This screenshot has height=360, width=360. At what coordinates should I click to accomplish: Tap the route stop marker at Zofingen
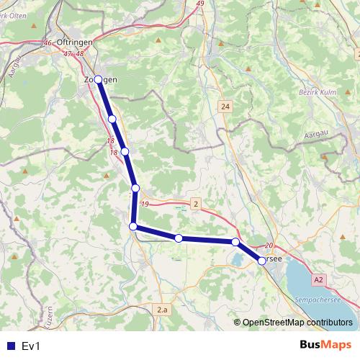pyautogui.click(x=99, y=80)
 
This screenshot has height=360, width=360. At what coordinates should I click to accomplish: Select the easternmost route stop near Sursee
pyautogui.click(x=261, y=261)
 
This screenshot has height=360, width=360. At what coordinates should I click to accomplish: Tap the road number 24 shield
pyautogui.click(x=226, y=107)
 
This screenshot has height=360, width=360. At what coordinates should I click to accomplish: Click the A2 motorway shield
pyautogui.click(x=319, y=279)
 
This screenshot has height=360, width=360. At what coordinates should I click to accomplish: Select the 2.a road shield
pyautogui.click(x=162, y=310)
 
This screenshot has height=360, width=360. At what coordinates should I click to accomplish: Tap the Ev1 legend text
pyautogui.click(x=31, y=346)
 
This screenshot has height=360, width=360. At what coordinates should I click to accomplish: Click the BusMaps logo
pyautogui.click(x=325, y=345)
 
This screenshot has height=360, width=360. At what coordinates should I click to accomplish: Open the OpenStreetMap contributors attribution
pyautogui.click(x=297, y=323)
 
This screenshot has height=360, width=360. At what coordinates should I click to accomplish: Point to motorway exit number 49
pyautogui.click(x=199, y=4)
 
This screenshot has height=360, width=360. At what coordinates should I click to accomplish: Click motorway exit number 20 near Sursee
pyautogui.click(x=270, y=246)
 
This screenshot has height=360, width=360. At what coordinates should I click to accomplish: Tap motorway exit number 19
pyautogui.click(x=145, y=205)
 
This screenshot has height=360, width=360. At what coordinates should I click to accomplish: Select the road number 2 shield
pyautogui.click(x=196, y=204)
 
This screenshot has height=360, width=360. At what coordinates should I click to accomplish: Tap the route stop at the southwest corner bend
pyautogui.click(x=133, y=227)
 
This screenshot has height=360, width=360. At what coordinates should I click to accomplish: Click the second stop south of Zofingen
pyautogui.click(x=125, y=151)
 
